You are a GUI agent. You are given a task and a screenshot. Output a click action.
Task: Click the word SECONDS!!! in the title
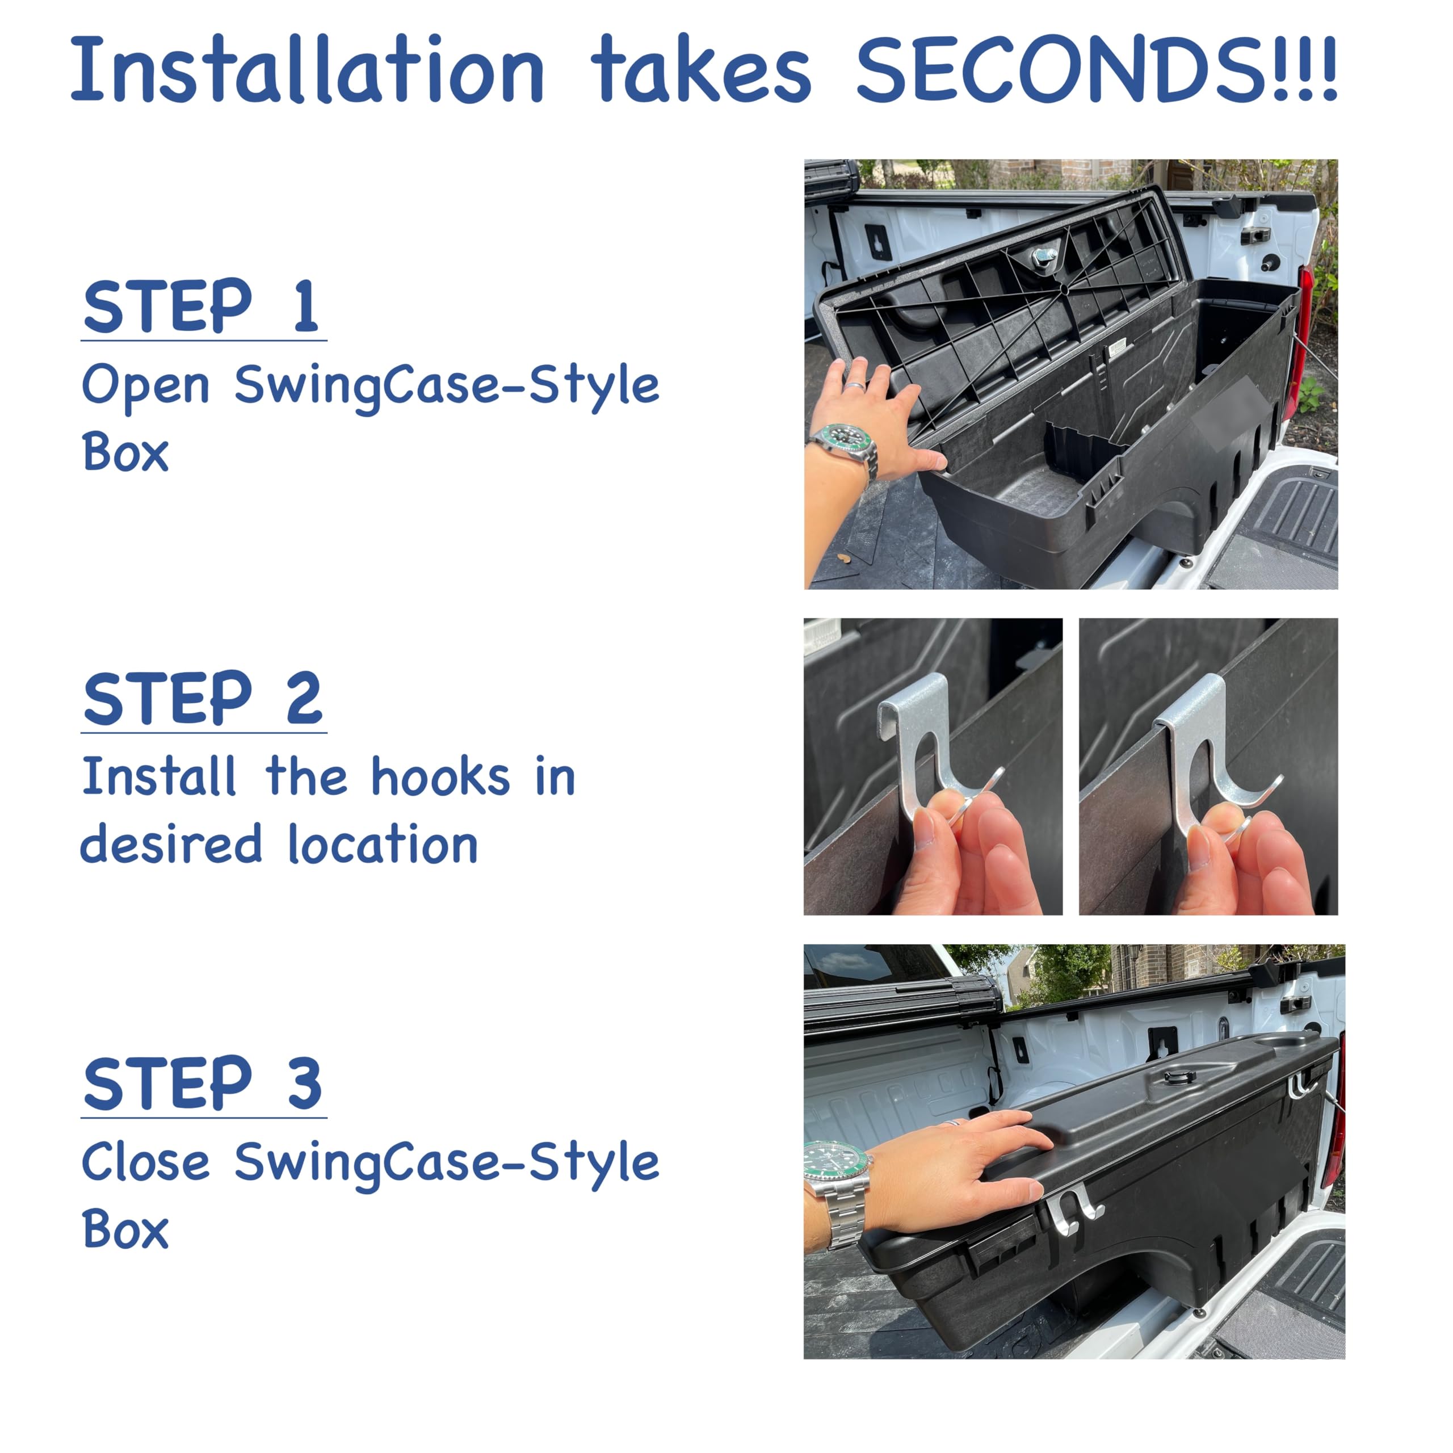(x=1097, y=69)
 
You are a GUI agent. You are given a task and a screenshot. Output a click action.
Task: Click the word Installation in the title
(x=307, y=69)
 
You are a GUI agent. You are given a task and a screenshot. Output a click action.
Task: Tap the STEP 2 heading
(x=203, y=698)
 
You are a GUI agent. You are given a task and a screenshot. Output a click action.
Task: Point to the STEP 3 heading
(x=203, y=1083)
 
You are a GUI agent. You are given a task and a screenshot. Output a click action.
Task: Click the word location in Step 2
(x=383, y=844)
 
